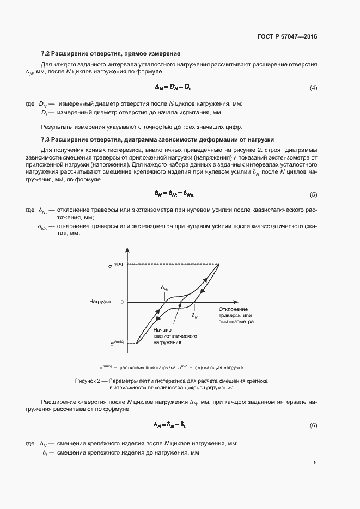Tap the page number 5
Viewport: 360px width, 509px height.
[x=315, y=463]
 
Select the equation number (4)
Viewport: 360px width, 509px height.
[x=313, y=88]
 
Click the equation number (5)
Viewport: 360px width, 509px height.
[x=313, y=194]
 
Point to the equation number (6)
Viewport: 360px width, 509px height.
[x=313, y=425]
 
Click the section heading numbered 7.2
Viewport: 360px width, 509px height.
[x=111, y=54]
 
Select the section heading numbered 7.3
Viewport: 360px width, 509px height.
[x=157, y=139]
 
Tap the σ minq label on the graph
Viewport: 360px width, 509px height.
[x=115, y=343]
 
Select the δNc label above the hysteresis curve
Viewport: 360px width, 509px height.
[x=164, y=287]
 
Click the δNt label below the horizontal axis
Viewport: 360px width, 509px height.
[x=196, y=315]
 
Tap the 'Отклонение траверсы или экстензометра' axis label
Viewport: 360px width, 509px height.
[x=236, y=316]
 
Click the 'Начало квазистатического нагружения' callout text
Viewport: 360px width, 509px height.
[x=175, y=336]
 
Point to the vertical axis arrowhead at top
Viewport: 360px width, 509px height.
[x=127, y=250]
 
